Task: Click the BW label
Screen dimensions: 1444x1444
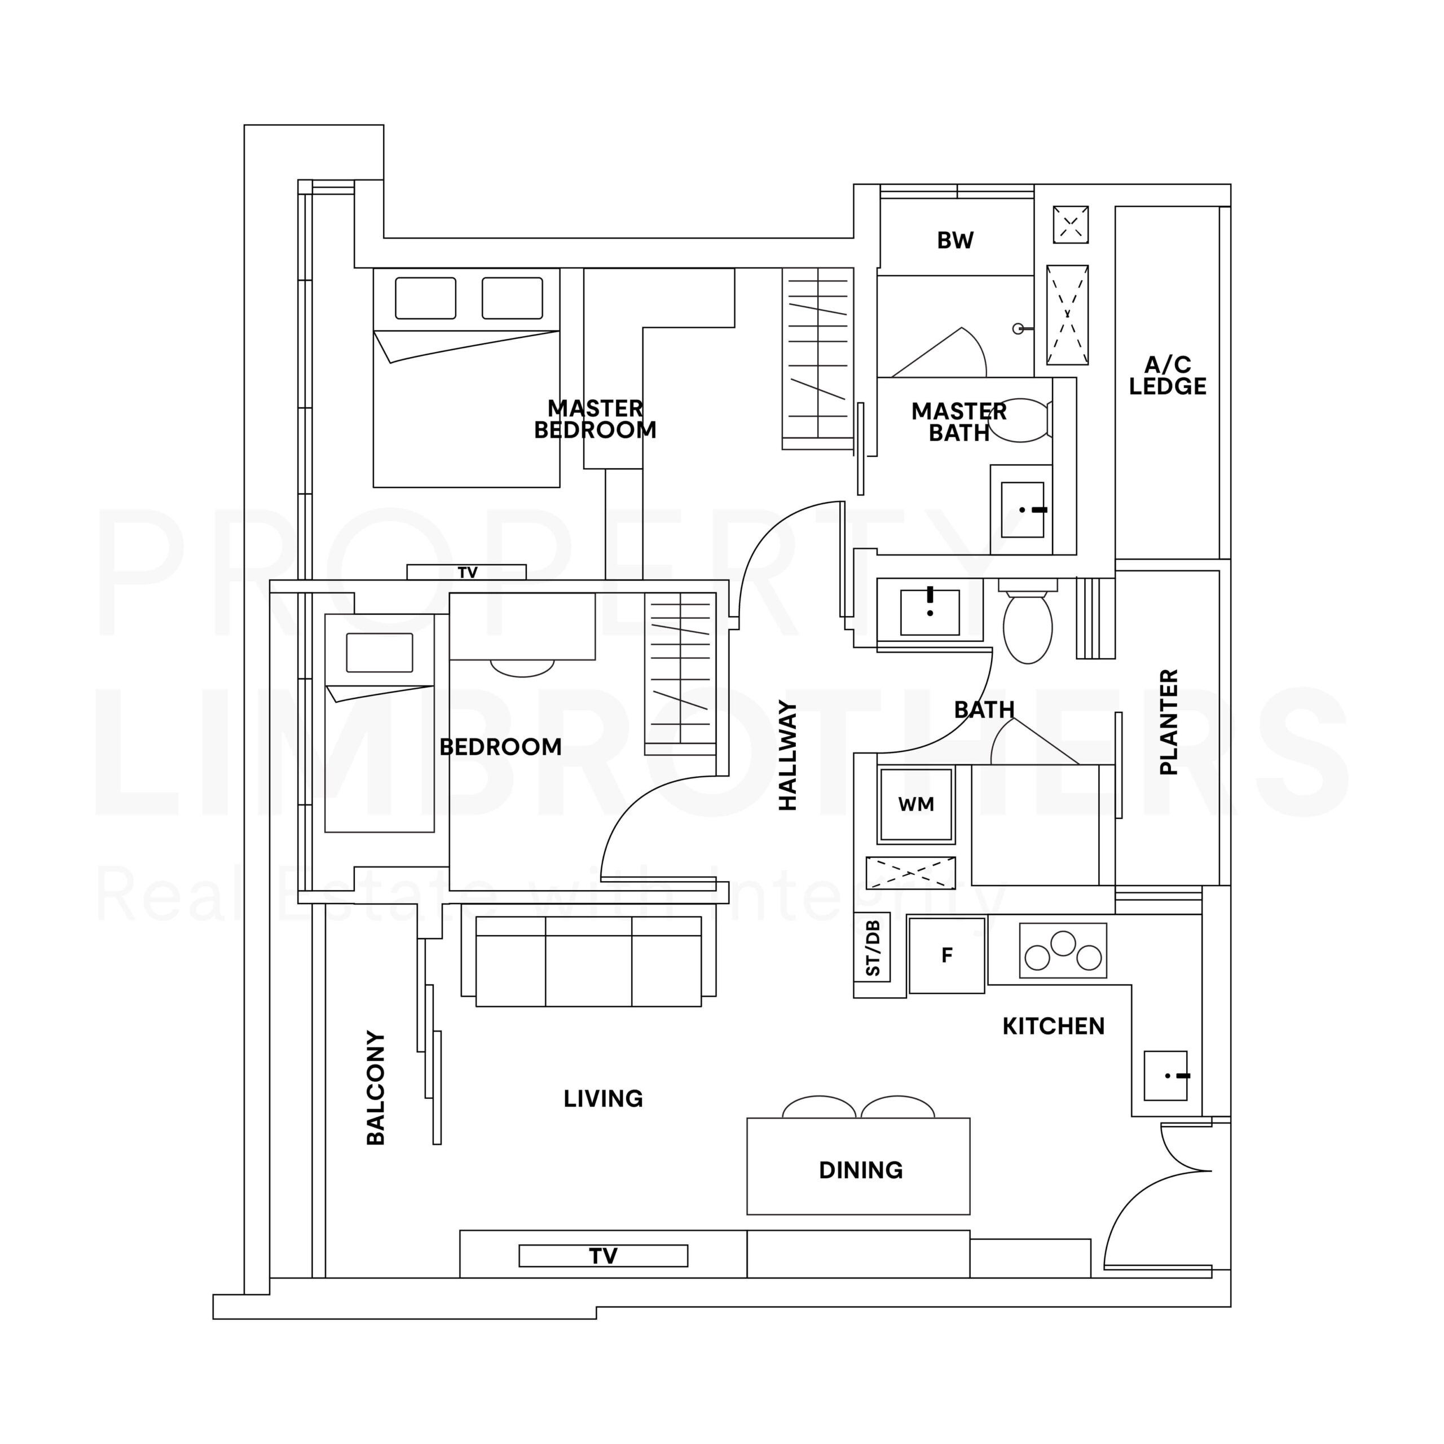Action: point(955,241)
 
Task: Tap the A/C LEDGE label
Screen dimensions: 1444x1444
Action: point(1168,376)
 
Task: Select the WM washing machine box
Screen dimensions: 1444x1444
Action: point(917,805)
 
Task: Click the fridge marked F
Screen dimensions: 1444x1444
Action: point(947,955)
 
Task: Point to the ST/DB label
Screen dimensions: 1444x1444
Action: point(872,948)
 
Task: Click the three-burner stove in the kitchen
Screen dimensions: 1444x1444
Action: point(1063,950)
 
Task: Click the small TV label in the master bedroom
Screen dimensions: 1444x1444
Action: point(468,573)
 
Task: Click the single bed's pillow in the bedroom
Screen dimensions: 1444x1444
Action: point(380,653)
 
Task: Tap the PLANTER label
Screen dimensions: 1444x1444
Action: point(1168,722)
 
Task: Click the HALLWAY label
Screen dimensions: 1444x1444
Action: point(788,755)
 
